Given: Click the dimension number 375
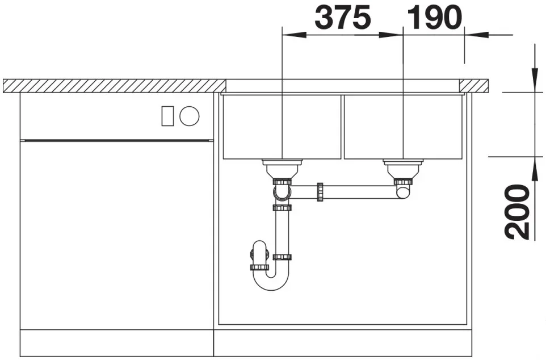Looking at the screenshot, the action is [x=343, y=18].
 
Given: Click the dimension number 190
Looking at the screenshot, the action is [x=434, y=18].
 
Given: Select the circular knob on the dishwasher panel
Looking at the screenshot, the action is [x=190, y=116].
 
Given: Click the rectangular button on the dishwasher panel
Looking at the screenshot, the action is [x=167, y=116].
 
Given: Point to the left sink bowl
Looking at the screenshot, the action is [x=282, y=127].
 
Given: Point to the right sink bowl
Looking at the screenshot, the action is [x=403, y=127].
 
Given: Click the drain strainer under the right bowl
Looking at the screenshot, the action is [x=403, y=168].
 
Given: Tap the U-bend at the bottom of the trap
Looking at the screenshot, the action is [x=271, y=283].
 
